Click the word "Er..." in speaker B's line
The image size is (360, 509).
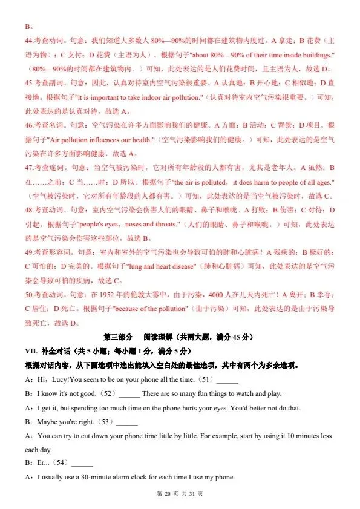(x=44, y=464)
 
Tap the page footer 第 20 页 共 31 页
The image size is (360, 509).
(x=180, y=494)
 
